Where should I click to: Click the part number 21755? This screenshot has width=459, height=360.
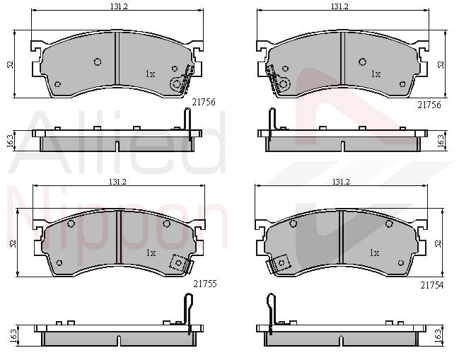pyautogui.click(x=205, y=284)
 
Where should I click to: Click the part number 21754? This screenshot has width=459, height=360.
pyautogui.click(x=432, y=285)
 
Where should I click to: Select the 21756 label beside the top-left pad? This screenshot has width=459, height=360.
pyautogui.click(x=204, y=102)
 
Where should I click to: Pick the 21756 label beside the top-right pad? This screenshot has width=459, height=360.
pyautogui.click(x=429, y=105)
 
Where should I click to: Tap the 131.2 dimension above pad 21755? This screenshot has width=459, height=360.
pyautogui.click(x=117, y=182)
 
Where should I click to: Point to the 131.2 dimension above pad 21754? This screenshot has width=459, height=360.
pyautogui.click(x=341, y=182)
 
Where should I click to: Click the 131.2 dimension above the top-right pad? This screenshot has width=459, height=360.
pyautogui.click(x=339, y=6)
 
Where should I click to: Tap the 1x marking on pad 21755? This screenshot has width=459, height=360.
pyautogui.click(x=151, y=252)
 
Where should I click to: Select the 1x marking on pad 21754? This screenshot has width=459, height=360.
pyautogui.click(x=374, y=252)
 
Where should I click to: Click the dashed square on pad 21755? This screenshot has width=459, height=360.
pyautogui.click(x=178, y=263)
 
